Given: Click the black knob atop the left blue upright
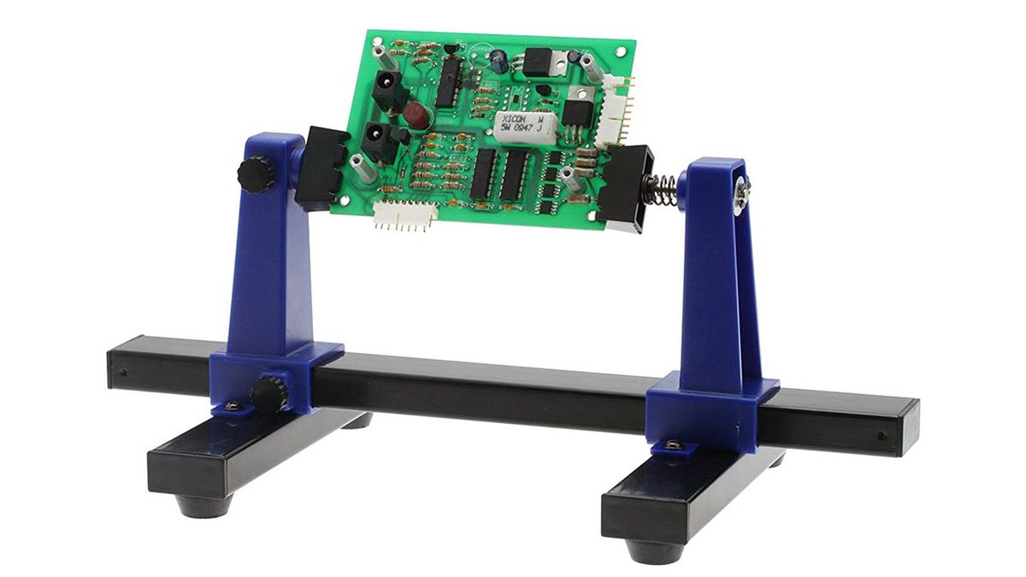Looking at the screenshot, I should (x=251, y=176).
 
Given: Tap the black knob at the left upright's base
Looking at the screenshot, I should (x=268, y=394).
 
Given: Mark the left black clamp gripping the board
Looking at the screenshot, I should (x=320, y=167).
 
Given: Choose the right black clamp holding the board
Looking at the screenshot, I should (x=631, y=191).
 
